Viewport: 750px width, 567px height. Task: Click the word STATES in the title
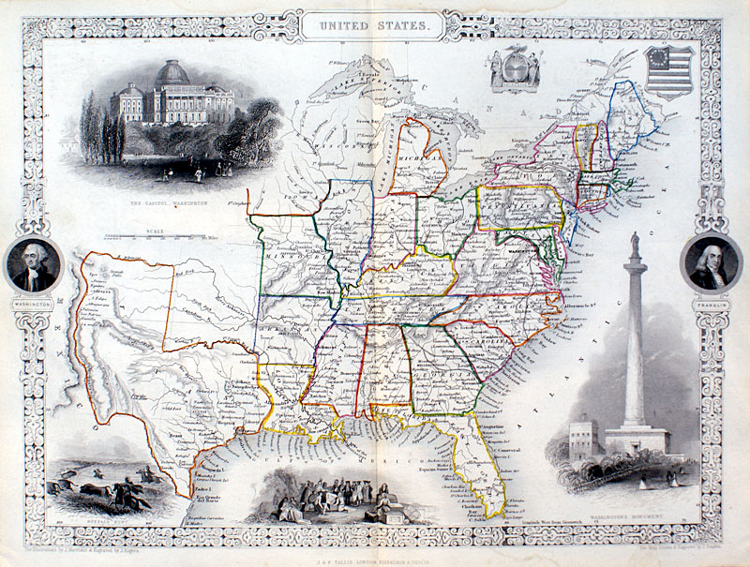coord(400,28)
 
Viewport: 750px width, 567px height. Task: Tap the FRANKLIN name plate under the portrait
coord(710,304)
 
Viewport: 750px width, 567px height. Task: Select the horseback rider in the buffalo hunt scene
coord(139,473)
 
